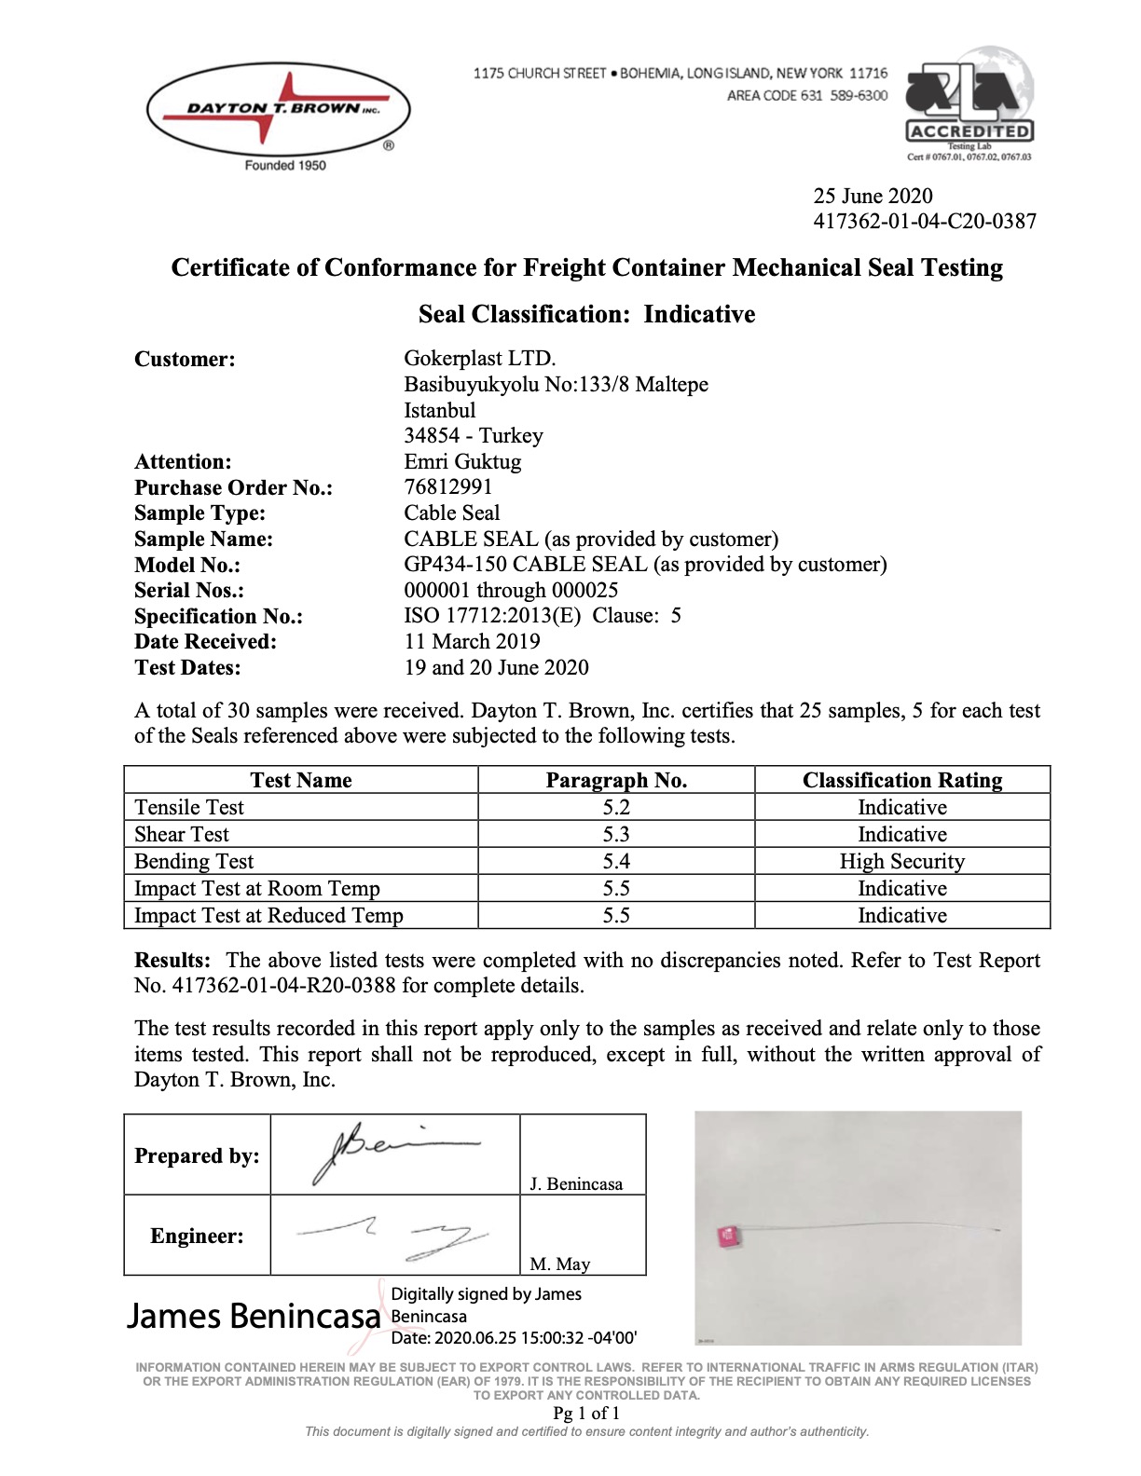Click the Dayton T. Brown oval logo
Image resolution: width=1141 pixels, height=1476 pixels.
(x=278, y=110)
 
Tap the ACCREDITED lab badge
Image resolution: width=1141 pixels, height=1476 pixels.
(x=969, y=104)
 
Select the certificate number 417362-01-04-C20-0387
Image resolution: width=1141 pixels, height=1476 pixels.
(x=924, y=222)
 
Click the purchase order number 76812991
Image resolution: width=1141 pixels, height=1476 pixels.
(x=448, y=487)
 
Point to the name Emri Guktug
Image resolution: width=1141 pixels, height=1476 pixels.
(x=462, y=462)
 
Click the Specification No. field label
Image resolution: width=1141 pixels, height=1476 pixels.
(x=218, y=616)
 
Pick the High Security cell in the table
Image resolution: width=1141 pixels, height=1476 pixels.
(x=901, y=861)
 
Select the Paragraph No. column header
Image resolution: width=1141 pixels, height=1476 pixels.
(x=616, y=781)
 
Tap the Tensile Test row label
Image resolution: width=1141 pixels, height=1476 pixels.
(x=189, y=808)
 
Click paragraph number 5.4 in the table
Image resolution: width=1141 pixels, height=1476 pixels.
(x=616, y=861)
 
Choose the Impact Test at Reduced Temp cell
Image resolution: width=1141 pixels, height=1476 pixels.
(x=268, y=916)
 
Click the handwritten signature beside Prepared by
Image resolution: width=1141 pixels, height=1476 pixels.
(x=392, y=1152)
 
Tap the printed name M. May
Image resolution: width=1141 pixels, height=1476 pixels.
(x=559, y=1264)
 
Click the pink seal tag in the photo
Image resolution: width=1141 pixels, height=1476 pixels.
(x=728, y=1237)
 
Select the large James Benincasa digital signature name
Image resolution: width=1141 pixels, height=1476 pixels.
(x=254, y=1316)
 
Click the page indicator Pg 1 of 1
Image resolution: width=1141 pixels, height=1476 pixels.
(x=586, y=1413)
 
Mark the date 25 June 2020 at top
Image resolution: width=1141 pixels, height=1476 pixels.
(x=873, y=196)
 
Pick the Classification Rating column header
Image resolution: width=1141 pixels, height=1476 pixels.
(x=901, y=781)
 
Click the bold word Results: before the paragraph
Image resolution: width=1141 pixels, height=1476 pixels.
(x=172, y=961)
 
